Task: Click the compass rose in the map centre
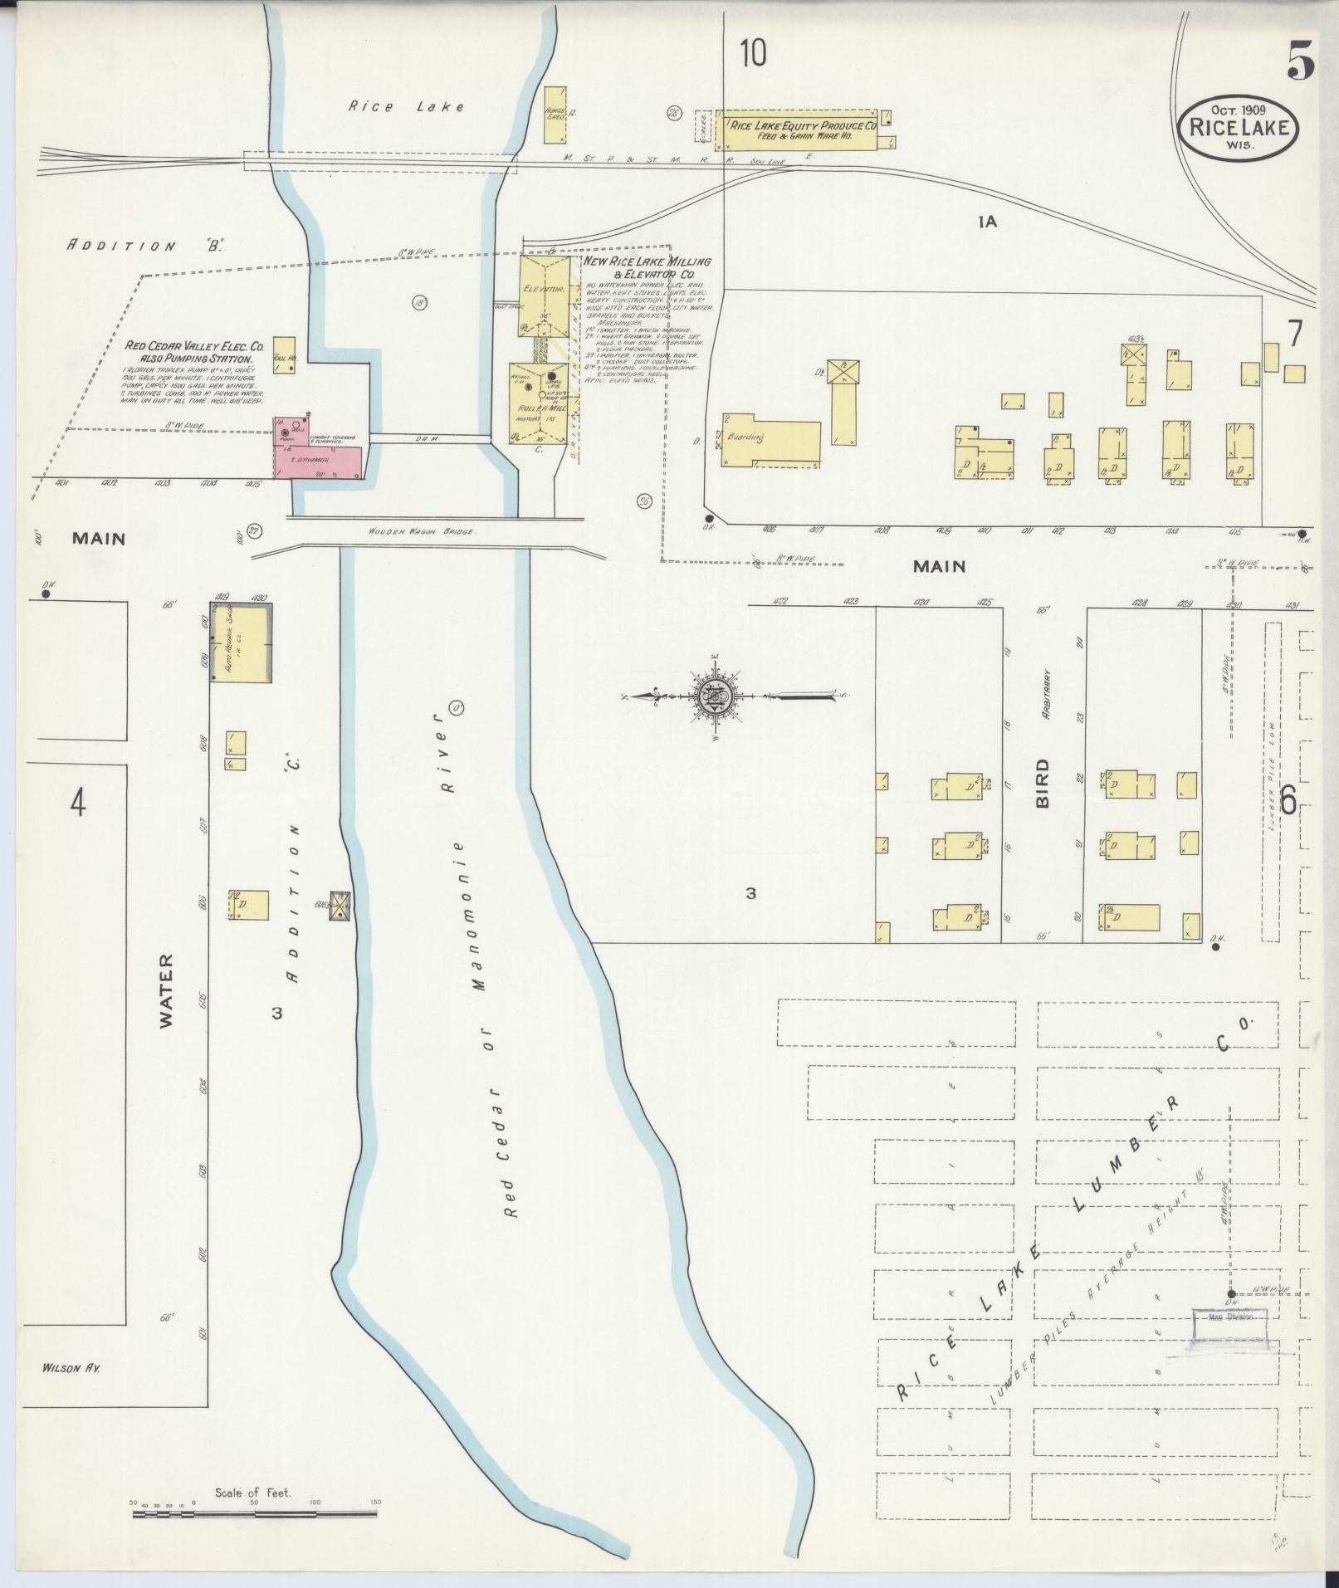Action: [714, 696]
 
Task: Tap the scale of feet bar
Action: [254, 1514]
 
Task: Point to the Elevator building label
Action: [544, 290]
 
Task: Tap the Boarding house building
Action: [770, 442]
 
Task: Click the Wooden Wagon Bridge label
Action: [423, 532]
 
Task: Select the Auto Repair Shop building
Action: [241, 643]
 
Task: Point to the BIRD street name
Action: [1043, 784]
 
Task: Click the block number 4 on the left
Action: [78, 803]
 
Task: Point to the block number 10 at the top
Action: [753, 53]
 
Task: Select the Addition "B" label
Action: [146, 246]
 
